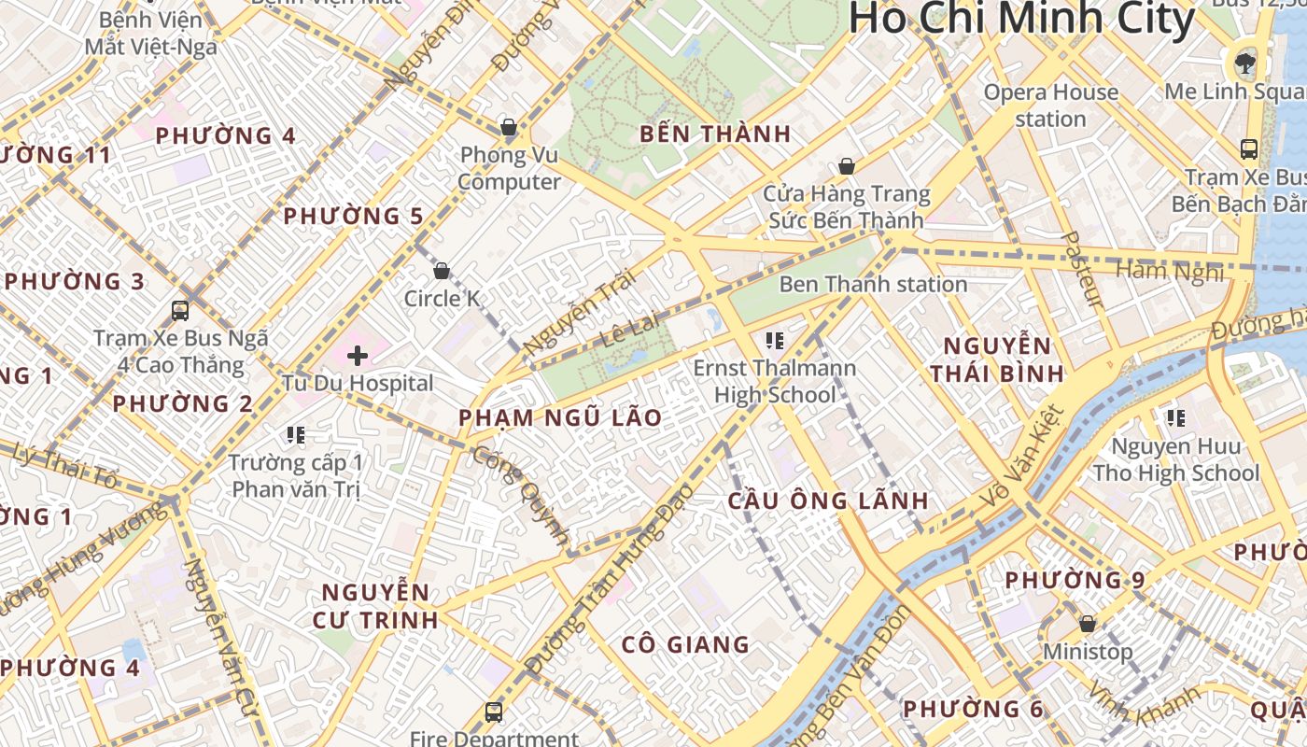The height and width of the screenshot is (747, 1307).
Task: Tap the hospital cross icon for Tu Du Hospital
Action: click(x=358, y=355)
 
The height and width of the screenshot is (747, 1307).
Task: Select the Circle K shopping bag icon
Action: click(x=442, y=271)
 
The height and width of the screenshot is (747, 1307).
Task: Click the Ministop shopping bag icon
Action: click(x=1087, y=623)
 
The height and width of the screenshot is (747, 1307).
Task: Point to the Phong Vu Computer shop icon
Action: click(x=509, y=126)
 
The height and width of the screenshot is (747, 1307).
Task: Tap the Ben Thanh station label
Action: click(x=873, y=284)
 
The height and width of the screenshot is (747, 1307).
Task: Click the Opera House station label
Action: click(x=1051, y=106)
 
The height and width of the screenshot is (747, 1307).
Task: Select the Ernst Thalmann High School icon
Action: click(x=774, y=340)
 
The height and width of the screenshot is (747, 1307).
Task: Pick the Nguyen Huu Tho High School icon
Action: click(x=1175, y=417)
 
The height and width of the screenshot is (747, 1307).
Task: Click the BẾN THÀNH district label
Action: click(x=715, y=134)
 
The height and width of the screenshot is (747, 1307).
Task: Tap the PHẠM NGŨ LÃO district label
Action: click(x=560, y=417)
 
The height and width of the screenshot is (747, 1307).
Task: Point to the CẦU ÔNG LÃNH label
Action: click(x=828, y=500)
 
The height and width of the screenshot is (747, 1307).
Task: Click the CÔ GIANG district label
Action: click(x=685, y=644)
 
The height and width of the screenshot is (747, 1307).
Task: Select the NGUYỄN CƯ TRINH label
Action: click(x=378, y=605)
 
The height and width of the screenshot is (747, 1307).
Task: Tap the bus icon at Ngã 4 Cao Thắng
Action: click(x=180, y=310)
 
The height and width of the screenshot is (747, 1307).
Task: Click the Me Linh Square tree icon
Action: click(x=1244, y=63)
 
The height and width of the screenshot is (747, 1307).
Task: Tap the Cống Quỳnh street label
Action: click(x=521, y=496)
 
